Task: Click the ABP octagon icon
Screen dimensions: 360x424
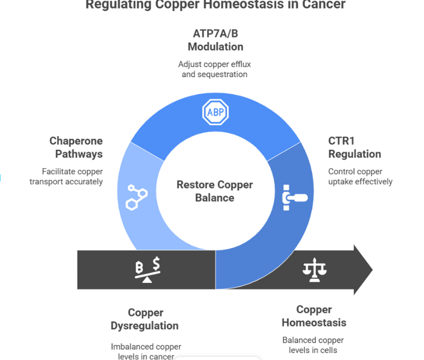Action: (x=215, y=113)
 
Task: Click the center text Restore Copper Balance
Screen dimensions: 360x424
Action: (x=215, y=191)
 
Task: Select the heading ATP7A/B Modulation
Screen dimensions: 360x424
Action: (x=215, y=39)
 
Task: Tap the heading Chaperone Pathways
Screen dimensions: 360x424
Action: (x=76, y=147)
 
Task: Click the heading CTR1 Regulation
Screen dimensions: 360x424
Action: (x=354, y=147)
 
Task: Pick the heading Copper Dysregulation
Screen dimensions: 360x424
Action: (x=144, y=319)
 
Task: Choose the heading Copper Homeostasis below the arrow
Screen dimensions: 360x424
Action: (x=314, y=316)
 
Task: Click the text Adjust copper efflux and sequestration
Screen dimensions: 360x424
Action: (x=215, y=69)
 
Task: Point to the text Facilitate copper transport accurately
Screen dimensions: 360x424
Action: (x=66, y=177)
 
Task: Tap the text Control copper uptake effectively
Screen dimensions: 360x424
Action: (x=360, y=177)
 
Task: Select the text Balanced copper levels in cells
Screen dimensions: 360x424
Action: (x=313, y=345)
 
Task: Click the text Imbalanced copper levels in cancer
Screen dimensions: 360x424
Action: (x=146, y=351)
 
